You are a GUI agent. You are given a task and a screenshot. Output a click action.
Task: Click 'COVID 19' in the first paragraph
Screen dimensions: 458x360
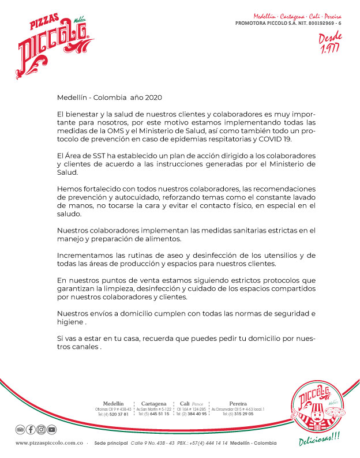[282, 139]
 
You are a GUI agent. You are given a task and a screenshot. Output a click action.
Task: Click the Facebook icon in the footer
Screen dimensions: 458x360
[30, 430]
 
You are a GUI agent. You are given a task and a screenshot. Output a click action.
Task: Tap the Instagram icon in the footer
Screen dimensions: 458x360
[41, 430]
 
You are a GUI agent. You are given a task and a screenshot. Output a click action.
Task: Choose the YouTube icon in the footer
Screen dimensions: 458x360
[52, 430]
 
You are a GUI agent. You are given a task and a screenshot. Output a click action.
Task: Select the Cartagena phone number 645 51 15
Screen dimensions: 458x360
[157, 414]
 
